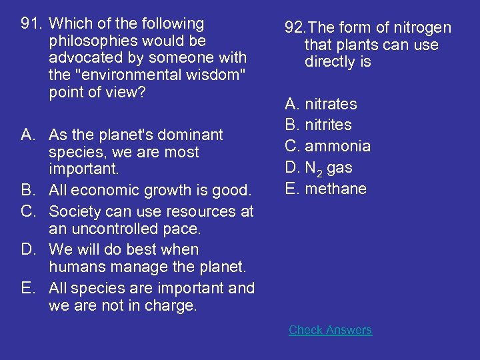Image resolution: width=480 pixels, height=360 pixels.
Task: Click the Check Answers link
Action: (330, 330)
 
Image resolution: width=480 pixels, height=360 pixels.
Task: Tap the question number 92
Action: (294, 28)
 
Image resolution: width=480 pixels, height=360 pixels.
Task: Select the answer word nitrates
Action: (331, 104)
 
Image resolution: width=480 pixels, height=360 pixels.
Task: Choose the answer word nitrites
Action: (328, 125)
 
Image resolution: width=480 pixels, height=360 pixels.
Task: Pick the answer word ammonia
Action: (337, 146)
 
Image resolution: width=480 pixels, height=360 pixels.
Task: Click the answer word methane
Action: (335, 189)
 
